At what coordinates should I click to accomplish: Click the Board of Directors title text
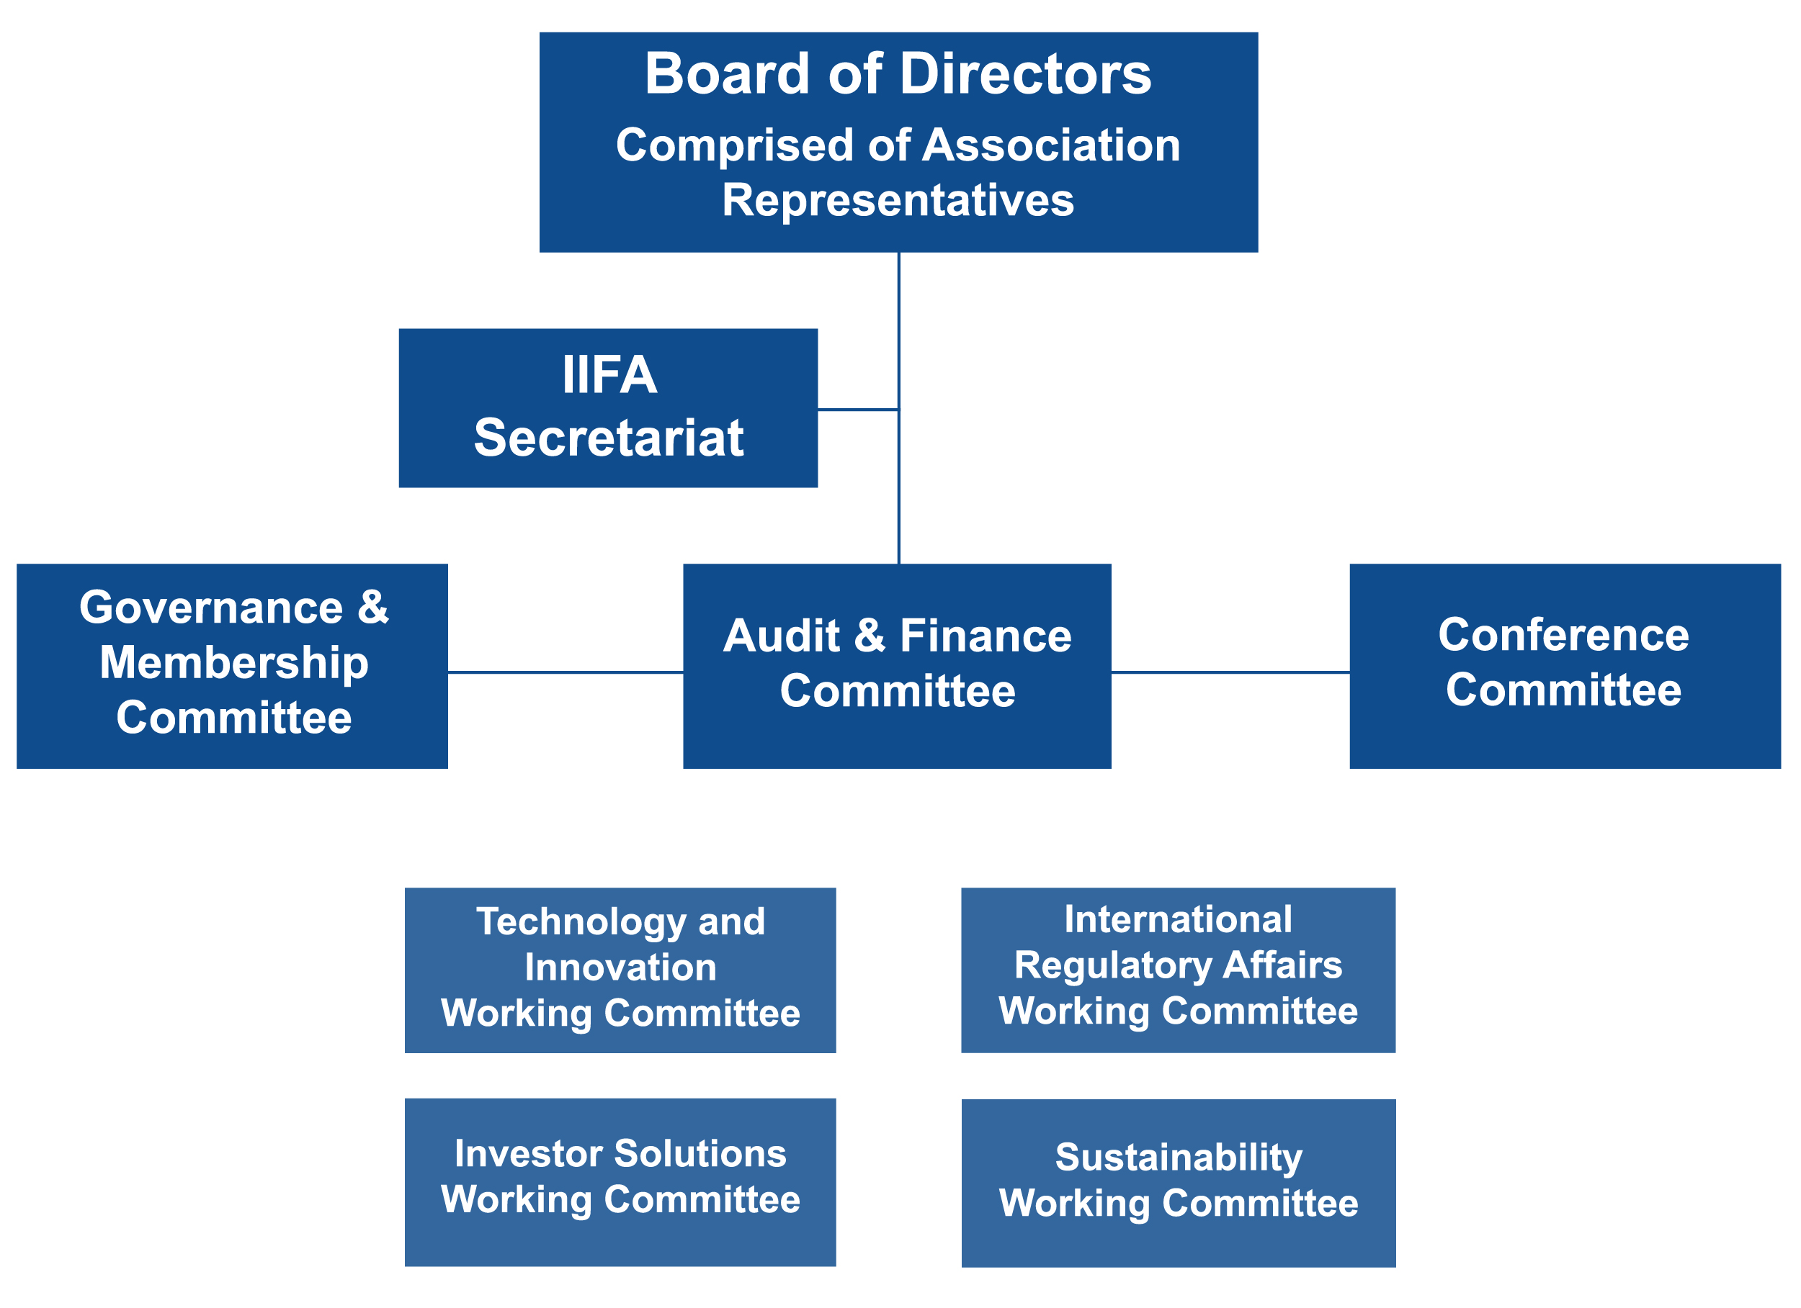898,74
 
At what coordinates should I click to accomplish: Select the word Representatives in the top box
898,200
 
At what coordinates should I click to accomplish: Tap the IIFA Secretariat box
607,408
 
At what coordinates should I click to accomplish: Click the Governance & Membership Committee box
232,666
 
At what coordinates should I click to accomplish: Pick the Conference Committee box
1565,666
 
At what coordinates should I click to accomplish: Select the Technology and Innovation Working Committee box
620,969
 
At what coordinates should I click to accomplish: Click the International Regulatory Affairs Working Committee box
1178,969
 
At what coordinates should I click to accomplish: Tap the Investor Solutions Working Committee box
620,1182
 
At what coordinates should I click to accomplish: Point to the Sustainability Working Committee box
1178,1183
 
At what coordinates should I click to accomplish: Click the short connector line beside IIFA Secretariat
857,410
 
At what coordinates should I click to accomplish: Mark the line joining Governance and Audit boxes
565,672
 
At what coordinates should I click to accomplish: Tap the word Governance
210,608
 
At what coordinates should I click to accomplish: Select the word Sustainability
1179,1158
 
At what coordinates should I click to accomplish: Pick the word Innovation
620,968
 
